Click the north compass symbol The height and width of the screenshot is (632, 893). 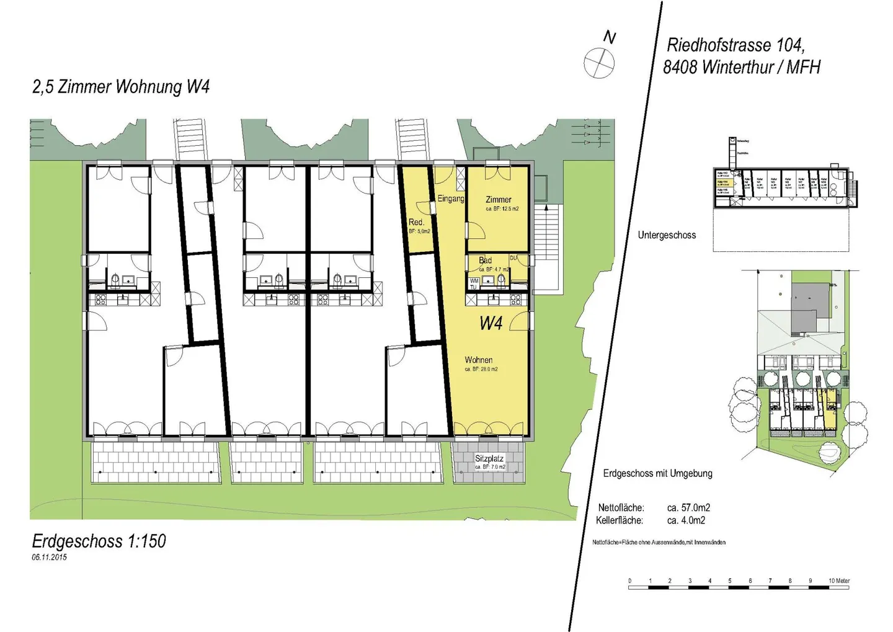599,63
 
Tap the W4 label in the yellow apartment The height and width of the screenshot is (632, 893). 491,323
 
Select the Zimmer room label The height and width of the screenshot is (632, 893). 499,200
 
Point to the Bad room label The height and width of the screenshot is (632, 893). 485,260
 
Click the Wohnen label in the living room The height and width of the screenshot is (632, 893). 479,360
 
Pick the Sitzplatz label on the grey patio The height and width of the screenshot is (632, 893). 489,458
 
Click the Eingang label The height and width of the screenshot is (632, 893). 451,198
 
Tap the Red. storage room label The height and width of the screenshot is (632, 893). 416,222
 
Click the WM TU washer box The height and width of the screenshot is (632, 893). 474,283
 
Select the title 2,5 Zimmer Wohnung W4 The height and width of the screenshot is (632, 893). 121,87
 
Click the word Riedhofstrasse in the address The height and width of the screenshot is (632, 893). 719,45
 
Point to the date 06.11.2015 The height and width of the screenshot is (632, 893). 49,557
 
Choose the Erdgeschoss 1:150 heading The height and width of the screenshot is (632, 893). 99,541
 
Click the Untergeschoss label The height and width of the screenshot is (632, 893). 667,235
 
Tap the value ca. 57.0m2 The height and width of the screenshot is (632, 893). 688,507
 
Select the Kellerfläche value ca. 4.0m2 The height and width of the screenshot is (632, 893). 686,520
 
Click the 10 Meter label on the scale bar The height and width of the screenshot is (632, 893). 838,581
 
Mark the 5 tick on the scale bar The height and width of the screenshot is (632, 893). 729,581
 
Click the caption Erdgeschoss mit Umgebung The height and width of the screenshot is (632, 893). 657,473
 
